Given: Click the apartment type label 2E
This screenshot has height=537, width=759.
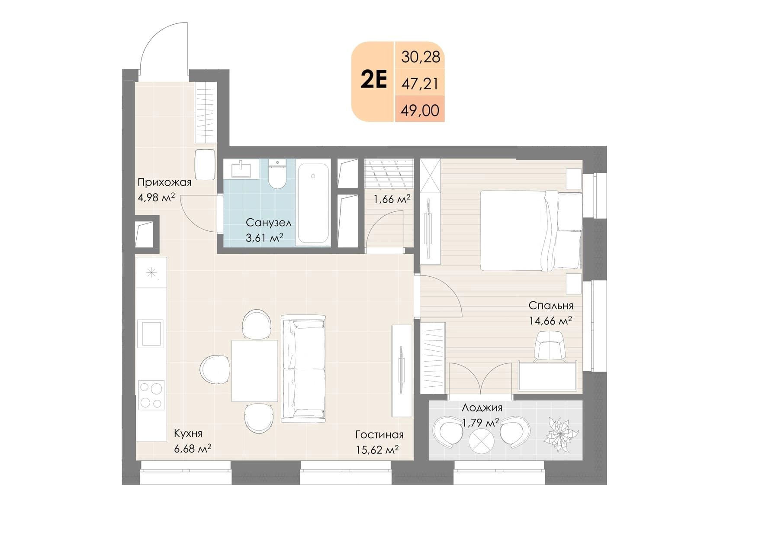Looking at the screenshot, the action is (x=373, y=80).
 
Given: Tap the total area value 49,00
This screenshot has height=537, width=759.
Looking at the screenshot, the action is (x=420, y=110).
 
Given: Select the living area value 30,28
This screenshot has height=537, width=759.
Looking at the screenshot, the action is (x=420, y=57).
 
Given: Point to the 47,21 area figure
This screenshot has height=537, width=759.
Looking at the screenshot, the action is (x=420, y=84).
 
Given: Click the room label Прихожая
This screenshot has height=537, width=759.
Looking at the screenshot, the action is (x=164, y=182).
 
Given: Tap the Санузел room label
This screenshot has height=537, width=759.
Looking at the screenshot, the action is (x=268, y=223).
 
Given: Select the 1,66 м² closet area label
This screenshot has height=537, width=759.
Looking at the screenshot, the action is (x=392, y=199).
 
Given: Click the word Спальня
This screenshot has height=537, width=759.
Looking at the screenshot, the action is (x=551, y=306).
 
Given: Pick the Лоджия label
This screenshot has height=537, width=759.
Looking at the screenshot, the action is (x=482, y=408).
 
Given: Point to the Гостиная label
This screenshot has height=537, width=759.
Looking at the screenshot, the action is (x=379, y=435).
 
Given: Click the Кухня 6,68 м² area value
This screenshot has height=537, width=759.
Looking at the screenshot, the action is (x=193, y=449).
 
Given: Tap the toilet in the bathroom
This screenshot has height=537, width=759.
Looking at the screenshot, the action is (x=277, y=174).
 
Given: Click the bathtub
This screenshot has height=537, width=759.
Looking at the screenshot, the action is (x=313, y=203).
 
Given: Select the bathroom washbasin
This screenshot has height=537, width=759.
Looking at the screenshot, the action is (x=241, y=169).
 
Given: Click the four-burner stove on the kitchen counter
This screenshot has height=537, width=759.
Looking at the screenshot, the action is (x=151, y=395).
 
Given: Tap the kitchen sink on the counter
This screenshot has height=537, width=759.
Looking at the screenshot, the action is (x=151, y=333).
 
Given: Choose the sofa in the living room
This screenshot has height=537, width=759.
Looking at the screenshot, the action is (x=303, y=369).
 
